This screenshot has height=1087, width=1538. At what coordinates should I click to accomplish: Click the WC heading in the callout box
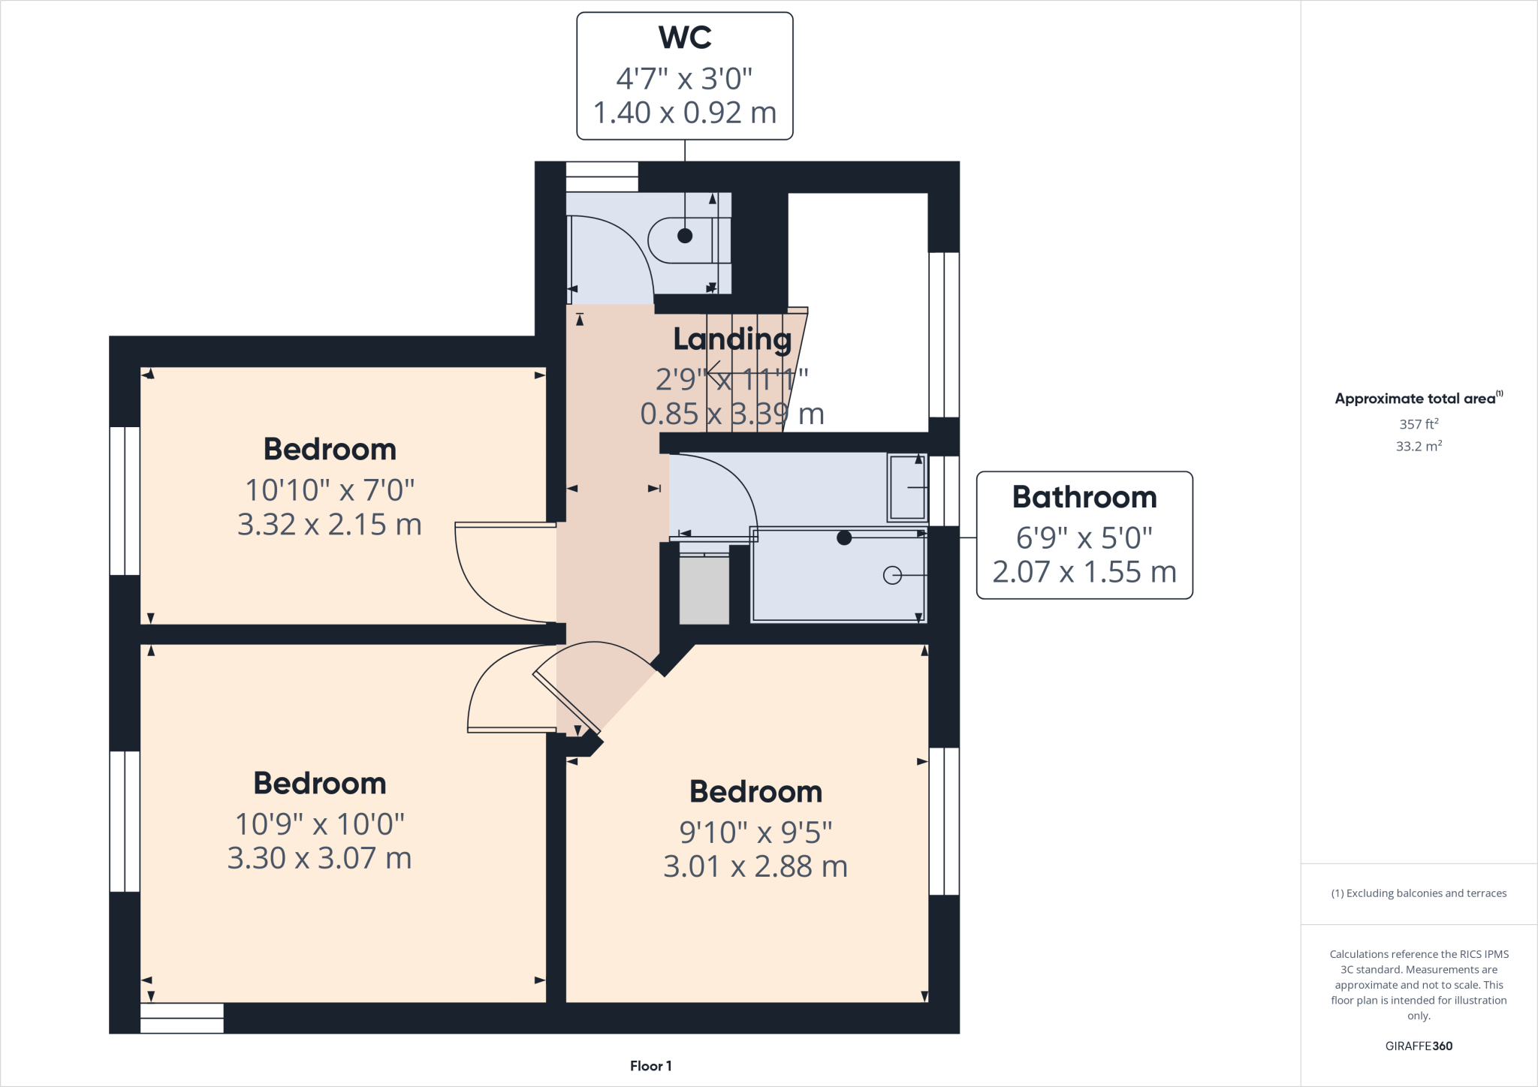click(x=684, y=38)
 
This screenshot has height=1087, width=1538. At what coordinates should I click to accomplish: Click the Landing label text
click(x=731, y=339)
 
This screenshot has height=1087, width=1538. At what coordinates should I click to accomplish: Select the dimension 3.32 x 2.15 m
click(x=329, y=525)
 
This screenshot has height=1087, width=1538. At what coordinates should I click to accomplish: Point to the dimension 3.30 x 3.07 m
click(x=319, y=859)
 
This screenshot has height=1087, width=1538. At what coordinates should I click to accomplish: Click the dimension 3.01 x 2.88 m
click(x=755, y=867)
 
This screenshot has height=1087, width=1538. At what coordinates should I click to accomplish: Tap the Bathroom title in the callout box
click(x=1084, y=497)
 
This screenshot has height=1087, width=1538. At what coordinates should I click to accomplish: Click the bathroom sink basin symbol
click(x=907, y=487)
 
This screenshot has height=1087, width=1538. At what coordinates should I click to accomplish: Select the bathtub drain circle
click(x=892, y=575)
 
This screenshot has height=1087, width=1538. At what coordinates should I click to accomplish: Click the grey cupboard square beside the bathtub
click(x=704, y=590)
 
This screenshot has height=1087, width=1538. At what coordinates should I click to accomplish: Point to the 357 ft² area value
click(x=1418, y=424)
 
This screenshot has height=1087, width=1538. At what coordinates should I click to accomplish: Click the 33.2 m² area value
click(x=1418, y=447)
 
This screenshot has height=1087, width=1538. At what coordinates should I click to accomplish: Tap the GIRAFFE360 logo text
click(x=1418, y=1046)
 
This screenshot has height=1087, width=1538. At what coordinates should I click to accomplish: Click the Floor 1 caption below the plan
click(x=650, y=1066)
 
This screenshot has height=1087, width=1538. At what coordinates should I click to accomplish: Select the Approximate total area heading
click(x=1416, y=399)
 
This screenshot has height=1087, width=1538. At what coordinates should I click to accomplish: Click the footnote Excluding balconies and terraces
click(x=1419, y=893)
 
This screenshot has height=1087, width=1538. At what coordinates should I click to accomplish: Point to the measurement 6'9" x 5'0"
click(x=1084, y=537)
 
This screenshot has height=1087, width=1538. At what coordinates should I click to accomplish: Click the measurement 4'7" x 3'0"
click(x=684, y=78)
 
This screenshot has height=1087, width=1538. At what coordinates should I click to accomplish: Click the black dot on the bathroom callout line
click(x=844, y=537)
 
